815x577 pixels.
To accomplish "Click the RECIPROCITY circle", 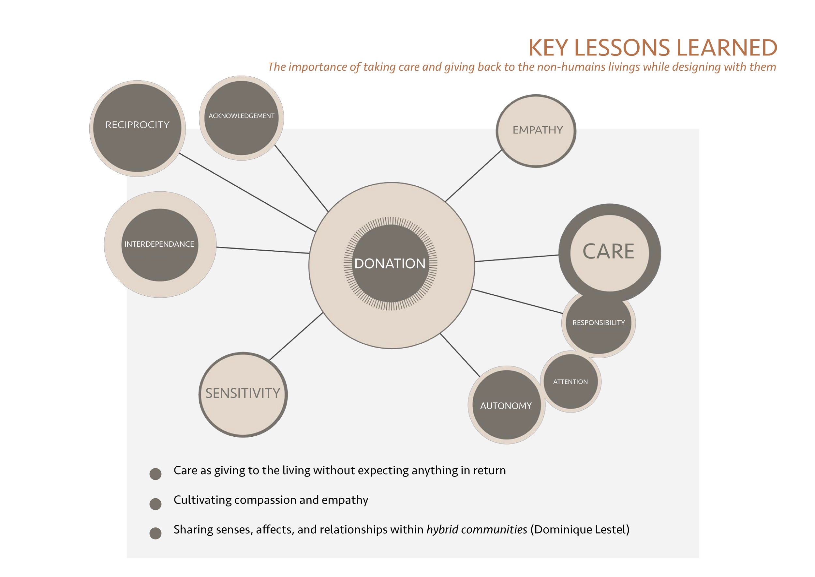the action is pos(137,128).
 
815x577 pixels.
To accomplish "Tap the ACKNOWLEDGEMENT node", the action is pos(241,118).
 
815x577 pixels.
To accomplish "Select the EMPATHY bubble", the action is pos(536,131).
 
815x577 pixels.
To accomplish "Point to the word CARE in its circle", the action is pos(608,252).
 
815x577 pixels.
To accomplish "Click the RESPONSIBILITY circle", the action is pos(599,323).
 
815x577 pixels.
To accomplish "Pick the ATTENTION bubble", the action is pos(571,381).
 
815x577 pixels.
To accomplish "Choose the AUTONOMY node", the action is pos(507,405).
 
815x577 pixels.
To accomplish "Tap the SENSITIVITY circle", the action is pos(243,395).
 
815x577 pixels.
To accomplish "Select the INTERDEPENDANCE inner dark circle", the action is pos(160,245).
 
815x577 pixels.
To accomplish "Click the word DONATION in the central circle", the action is pos(390,264).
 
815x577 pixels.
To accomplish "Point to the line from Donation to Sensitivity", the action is pos(296,336).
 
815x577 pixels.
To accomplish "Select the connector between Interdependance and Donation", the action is pos(263,250).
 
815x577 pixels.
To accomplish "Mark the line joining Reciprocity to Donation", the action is pos(247,193).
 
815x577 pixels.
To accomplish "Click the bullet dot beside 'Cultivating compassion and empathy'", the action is pos(156,504).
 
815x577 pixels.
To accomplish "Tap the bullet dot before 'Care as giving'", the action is pos(156,474).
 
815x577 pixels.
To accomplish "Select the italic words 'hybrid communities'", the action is pos(477,530).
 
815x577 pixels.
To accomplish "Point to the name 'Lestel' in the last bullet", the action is pos(610,529).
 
